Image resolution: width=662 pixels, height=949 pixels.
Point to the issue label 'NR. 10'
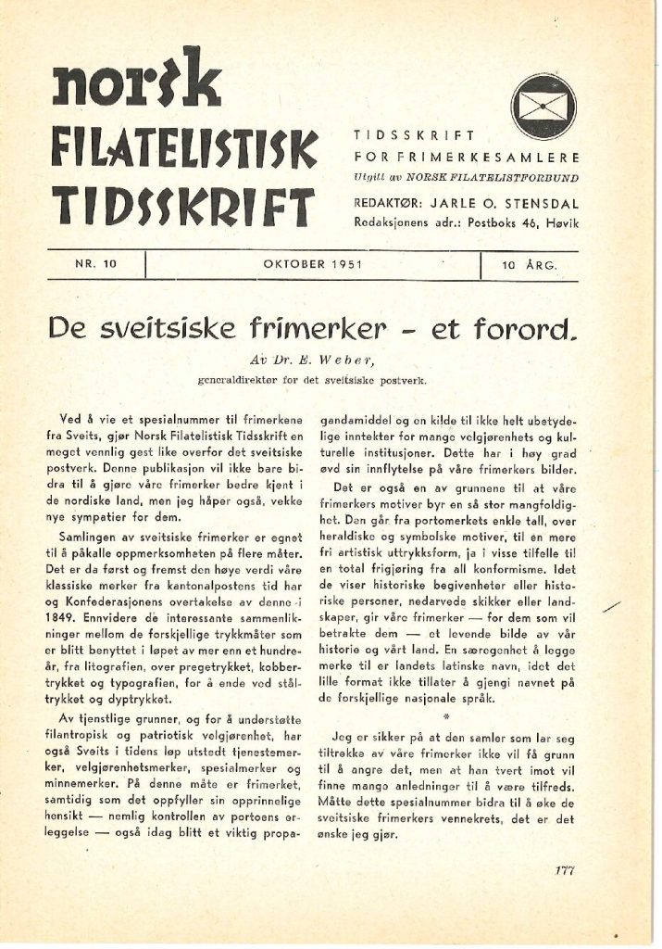point(97,266)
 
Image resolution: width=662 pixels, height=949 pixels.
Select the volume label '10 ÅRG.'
point(528,266)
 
